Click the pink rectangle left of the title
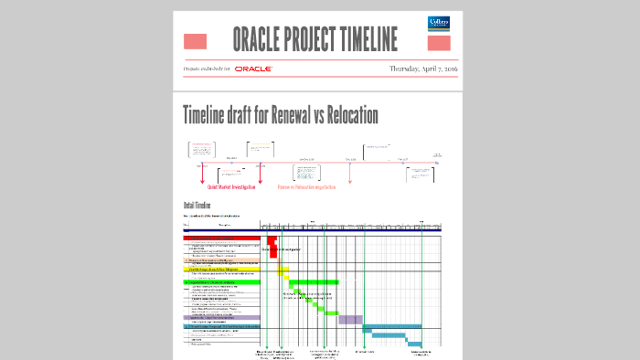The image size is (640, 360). pyautogui.click(x=195, y=41)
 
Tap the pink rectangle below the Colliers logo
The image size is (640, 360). pyautogui.click(x=439, y=43)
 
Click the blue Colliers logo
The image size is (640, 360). pyautogui.click(x=439, y=24)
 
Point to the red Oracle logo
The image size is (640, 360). pyautogui.click(x=253, y=69)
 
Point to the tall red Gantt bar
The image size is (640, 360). pyautogui.click(x=272, y=247)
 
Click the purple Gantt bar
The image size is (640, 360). pyautogui.click(x=350, y=319)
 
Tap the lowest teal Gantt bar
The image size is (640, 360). pyautogui.click(x=414, y=343)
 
